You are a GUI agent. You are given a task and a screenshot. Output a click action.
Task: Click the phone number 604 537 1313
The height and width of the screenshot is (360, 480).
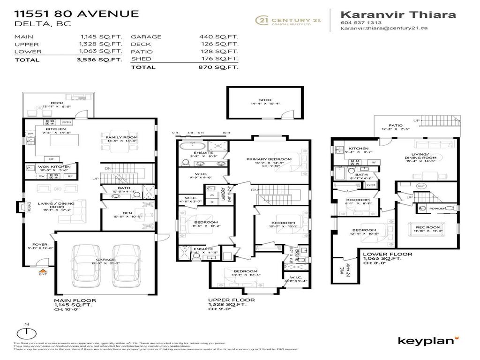[x=361, y=22]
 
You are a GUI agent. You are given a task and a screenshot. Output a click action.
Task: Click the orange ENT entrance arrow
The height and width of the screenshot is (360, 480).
[x=42, y=270]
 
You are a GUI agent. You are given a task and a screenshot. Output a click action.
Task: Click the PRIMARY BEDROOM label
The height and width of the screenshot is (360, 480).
[x=269, y=159]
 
